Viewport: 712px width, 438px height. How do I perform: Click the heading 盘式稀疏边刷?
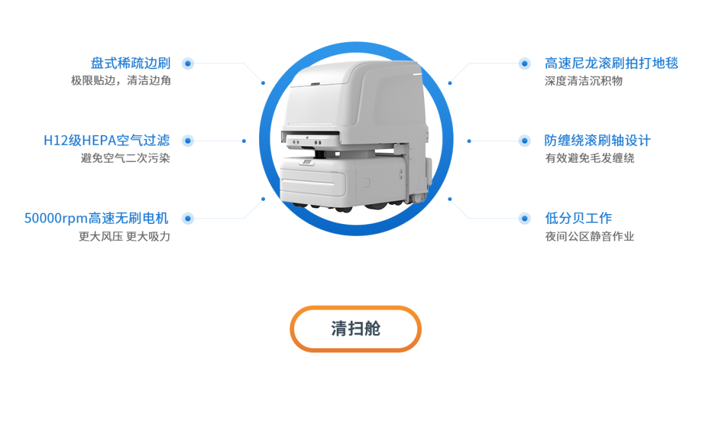pyautogui.click(x=131, y=63)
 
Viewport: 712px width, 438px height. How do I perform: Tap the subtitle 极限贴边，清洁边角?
pyautogui.click(x=121, y=81)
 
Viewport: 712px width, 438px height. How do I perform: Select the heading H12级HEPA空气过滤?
pyautogui.click(x=107, y=140)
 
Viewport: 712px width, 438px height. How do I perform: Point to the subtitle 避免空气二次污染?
pyautogui.click(x=125, y=158)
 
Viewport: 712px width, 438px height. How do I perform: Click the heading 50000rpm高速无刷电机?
pyautogui.click(x=96, y=218)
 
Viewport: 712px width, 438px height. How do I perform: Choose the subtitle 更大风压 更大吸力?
pyautogui.click(x=125, y=236)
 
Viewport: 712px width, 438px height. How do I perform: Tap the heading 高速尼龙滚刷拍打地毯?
pyautogui.click(x=611, y=63)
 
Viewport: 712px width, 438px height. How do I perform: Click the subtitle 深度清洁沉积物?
pyautogui.click(x=583, y=81)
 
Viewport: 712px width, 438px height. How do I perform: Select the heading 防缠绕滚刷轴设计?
pyautogui.click(x=597, y=140)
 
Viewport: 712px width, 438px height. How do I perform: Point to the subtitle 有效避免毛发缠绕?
pyautogui.click(x=589, y=158)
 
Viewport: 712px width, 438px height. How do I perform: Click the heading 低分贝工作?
pyautogui.click(x=579, y=218)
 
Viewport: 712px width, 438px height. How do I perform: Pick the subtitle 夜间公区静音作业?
pyautogui.click(x=589, y=236)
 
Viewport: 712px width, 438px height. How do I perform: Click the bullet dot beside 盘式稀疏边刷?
pyautogui.click(x=187, y=63)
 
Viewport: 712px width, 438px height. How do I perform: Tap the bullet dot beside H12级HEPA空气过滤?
pyautogui.click(x=187, y=141)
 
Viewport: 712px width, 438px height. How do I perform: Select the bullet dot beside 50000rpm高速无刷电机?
pyautogui.click(x=187, y=218)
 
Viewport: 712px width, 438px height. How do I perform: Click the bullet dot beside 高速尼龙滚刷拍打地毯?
pyautogui.click(x=525, y=63)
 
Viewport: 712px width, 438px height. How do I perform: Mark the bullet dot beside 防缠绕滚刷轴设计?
pyautogui.click(x=525, y=141)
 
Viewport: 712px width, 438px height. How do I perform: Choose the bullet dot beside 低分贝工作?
pyautogui.click(x=525, y=218)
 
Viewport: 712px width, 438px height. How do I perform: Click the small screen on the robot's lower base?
pyautogui.click(x=307, y=162)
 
